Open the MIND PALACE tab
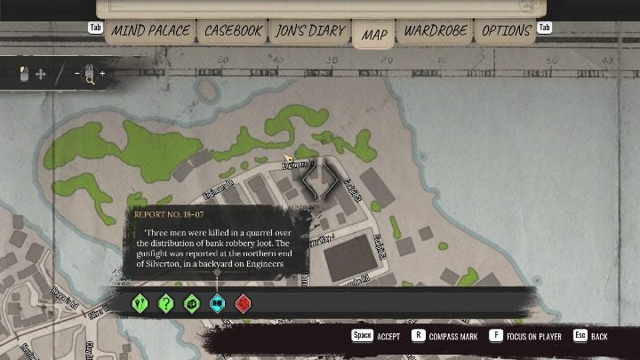coord(150,31)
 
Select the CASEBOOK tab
coord(233,31)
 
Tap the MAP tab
coord(374,35)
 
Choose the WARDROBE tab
coord(435,31)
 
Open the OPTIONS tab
coord(506,31)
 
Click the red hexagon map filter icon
coord(243,303)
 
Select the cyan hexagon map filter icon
coord(217,303)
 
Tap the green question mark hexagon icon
coord(165,303)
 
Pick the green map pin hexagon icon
coord(140,303)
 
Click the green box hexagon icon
coord(191,303)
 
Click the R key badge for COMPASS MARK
coord(418,336)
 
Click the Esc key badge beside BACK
coord(580,336)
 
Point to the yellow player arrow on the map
coord(288,158)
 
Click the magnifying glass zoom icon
coord(89,75)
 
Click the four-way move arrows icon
coord(40,75)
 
